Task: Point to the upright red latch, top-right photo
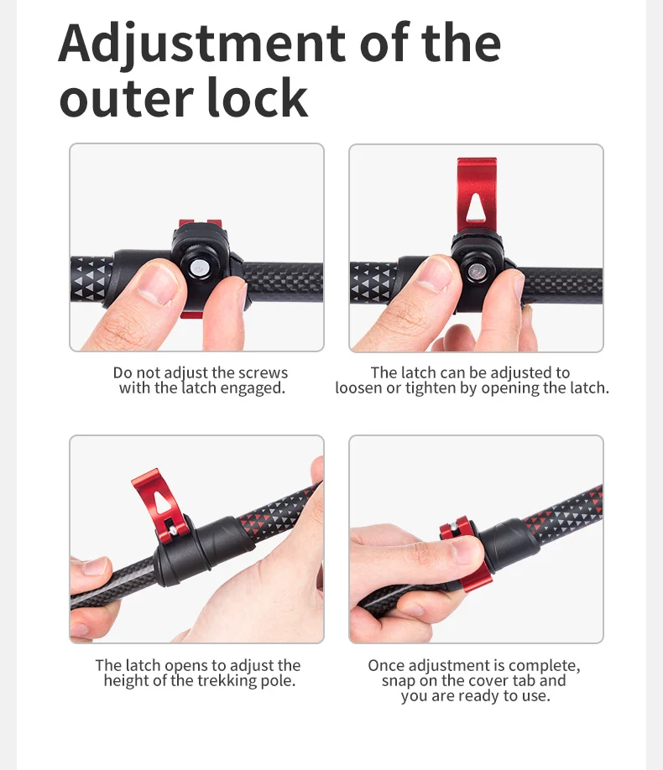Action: tap(477, 195)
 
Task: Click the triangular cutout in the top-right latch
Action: tap(475, 206)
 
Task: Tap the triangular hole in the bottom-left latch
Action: tap(161, 502)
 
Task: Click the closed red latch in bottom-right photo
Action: tap(464, 555)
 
